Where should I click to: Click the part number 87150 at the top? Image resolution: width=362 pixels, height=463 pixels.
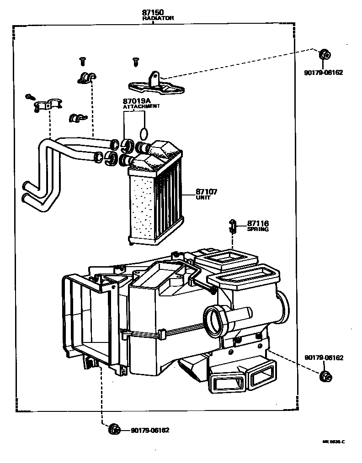coord(153,11)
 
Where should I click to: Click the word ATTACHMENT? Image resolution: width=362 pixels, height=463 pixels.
coord(141,106)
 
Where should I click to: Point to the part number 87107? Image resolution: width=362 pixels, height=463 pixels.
coord(206,192)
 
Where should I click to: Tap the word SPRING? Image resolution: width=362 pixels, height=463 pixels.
coord(258,229)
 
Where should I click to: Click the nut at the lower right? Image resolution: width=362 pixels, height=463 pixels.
coord(325,377)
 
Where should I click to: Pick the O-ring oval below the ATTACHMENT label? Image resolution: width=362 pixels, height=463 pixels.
coord(144,133)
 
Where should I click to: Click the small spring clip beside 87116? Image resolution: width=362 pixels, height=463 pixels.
coord(233,225)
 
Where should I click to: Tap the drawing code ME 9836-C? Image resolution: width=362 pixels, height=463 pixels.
coord(333,442)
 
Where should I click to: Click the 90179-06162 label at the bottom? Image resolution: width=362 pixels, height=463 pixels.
coord(149,430)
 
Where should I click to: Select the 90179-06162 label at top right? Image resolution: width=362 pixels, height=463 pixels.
coord(324,73)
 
